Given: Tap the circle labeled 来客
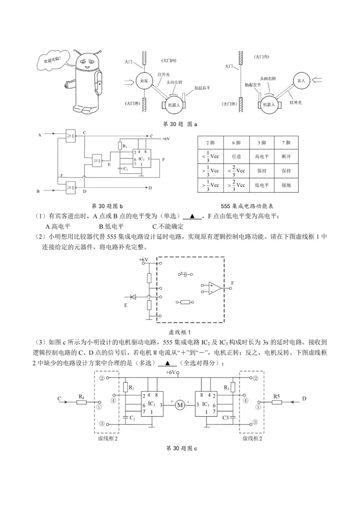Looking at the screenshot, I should [144, 81].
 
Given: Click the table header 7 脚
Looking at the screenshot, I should [285, 143].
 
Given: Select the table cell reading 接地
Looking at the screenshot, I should [285, 185].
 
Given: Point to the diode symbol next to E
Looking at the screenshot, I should [133, 297].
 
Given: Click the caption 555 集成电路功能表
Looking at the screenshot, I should [248, 206].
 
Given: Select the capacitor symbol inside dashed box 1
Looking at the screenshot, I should [184, 274].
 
